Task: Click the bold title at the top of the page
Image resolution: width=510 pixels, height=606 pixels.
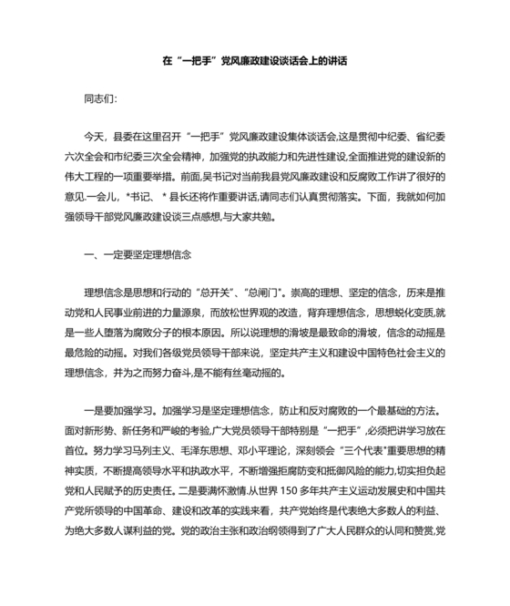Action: click(254, 61)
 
